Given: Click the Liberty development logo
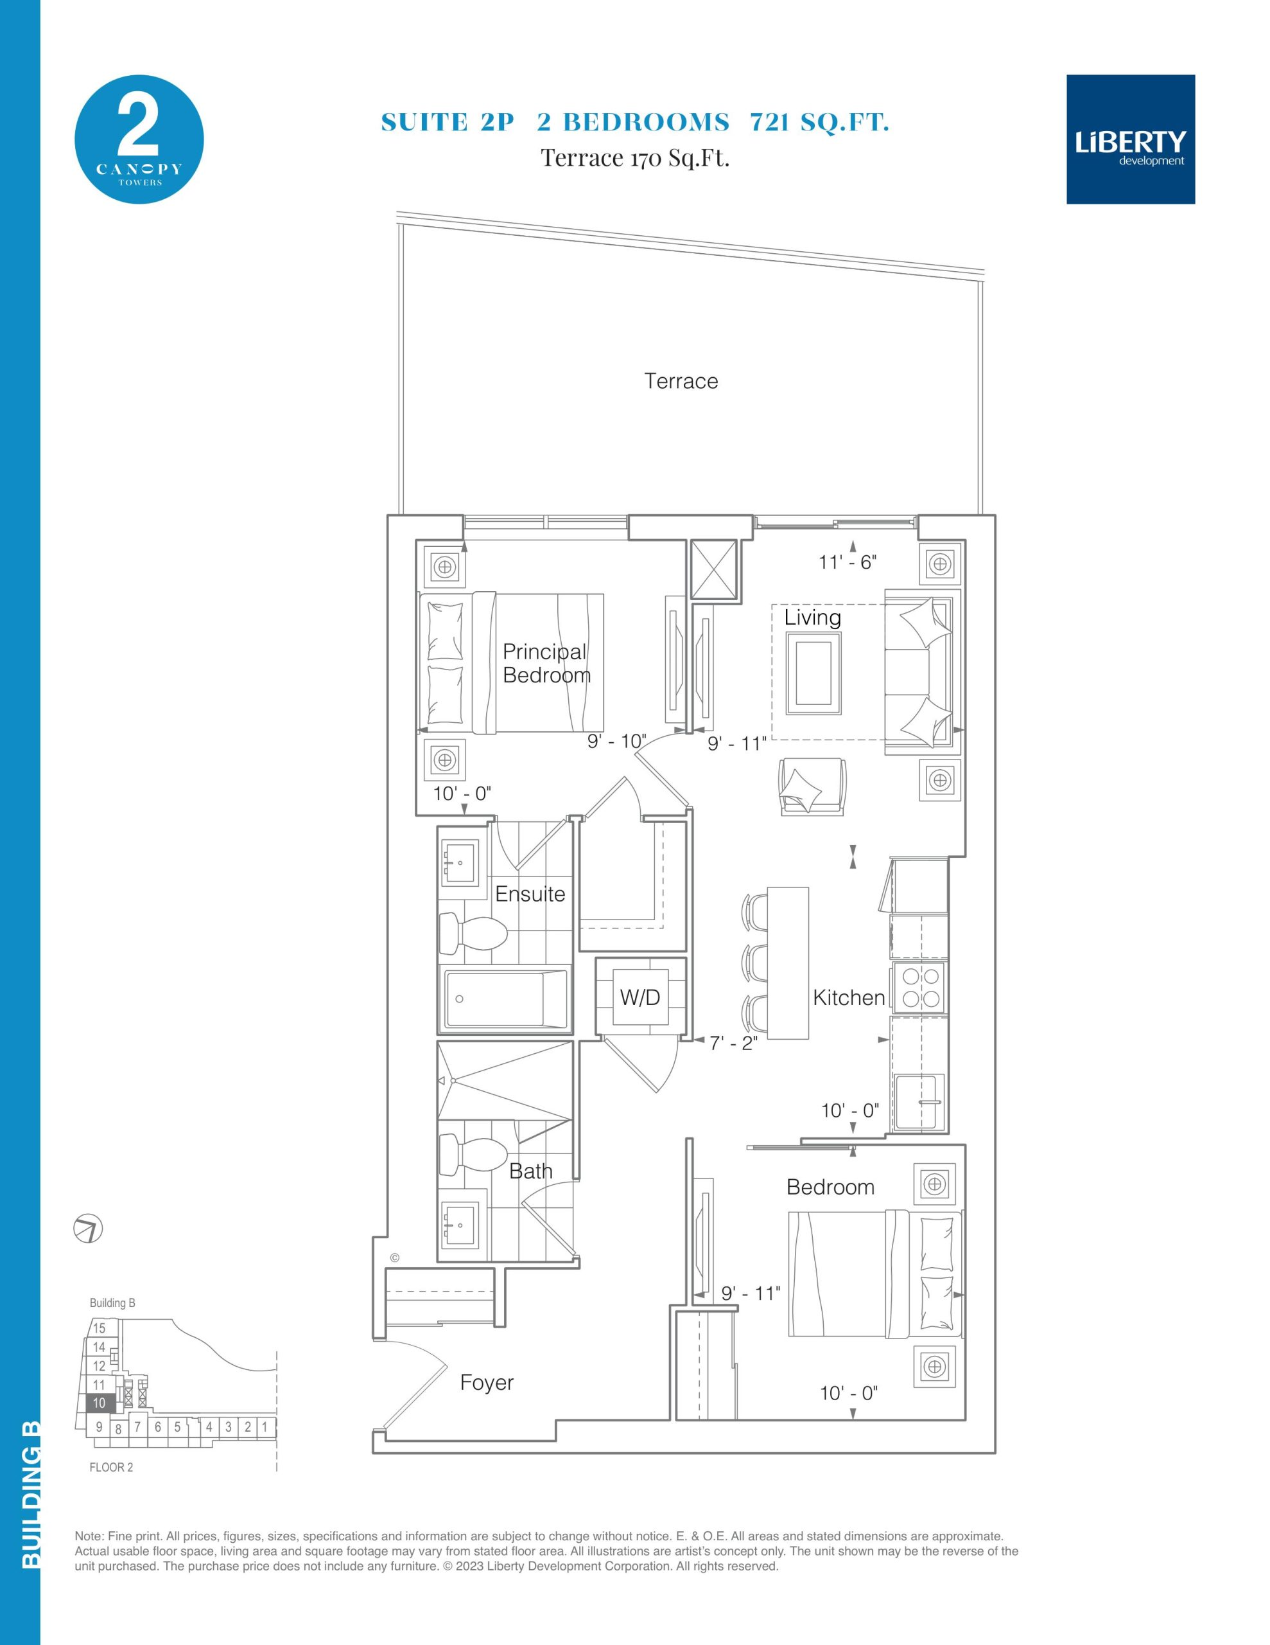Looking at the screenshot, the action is [1130, 139].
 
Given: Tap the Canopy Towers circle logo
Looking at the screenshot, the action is [139, 139].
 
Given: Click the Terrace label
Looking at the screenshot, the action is [681, 381].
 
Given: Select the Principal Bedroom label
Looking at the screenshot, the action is [546, 663].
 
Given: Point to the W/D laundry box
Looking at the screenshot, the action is [640, 997].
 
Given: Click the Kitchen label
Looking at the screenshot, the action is [848, 997].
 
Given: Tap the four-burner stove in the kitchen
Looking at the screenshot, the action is [921, 988].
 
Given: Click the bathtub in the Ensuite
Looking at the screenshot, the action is [505, 999].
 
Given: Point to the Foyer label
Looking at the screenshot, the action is [486, 1383].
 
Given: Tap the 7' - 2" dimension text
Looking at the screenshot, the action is [733, 1043].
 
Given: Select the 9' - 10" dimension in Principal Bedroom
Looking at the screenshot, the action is [616, 741].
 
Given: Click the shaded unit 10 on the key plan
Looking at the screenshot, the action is [100, 1403].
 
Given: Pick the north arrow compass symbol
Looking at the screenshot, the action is [88, 1229].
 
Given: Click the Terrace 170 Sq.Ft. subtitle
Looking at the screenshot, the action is [634, 158].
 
